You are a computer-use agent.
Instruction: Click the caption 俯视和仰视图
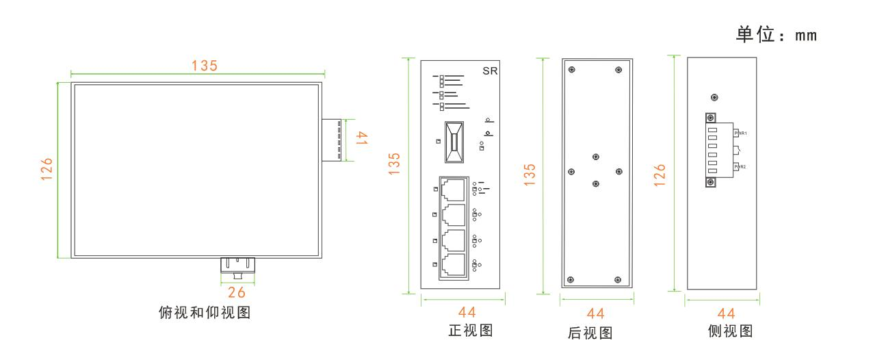point(203,313)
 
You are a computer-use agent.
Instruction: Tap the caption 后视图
point(590,333)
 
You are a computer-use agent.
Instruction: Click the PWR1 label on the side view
point(741,133)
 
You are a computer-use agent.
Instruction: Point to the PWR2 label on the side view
point(741,166)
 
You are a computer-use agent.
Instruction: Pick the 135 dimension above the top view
point(204,66)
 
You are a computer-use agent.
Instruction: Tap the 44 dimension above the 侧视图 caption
point(727,313)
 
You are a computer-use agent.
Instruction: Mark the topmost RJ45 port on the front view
point(453,189)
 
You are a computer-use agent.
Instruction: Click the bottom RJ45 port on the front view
point(453,265)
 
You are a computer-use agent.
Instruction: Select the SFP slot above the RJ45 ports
point(454,142)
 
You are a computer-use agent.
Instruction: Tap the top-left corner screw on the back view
point(572,69)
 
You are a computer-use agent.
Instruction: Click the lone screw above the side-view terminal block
point(715,97)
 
